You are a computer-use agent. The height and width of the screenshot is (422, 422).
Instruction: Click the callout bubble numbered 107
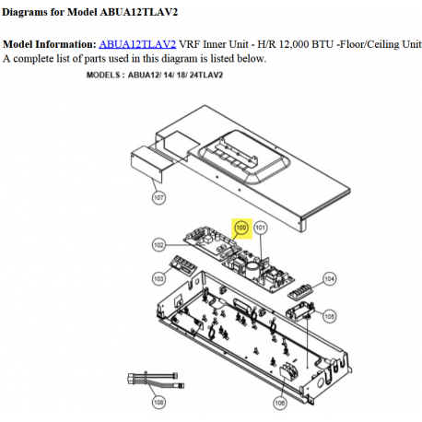[158, 197]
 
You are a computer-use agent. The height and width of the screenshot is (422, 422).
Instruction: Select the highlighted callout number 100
[241, 227]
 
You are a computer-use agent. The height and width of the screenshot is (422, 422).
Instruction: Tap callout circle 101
[260, 227]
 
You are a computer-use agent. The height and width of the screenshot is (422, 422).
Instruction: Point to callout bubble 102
[158, 245]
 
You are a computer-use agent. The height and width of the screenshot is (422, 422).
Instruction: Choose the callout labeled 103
[158, 277]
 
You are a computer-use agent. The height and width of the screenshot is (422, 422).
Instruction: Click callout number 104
[329, 277]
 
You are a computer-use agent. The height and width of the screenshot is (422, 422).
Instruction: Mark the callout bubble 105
[329, 316]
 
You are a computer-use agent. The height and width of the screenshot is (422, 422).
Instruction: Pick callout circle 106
[279, 402]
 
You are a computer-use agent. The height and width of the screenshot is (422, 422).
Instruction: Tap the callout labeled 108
[159, 402]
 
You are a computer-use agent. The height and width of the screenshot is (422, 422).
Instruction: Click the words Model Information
[48, 44]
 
